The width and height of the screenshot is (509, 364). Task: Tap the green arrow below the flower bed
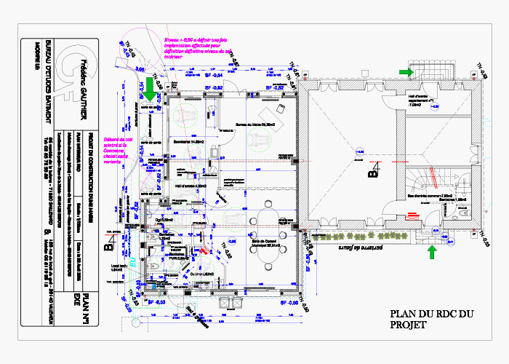click(431, 252)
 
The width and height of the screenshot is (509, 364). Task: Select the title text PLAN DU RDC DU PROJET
click(432, 320)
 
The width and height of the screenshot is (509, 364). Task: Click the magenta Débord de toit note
click(119, 150)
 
